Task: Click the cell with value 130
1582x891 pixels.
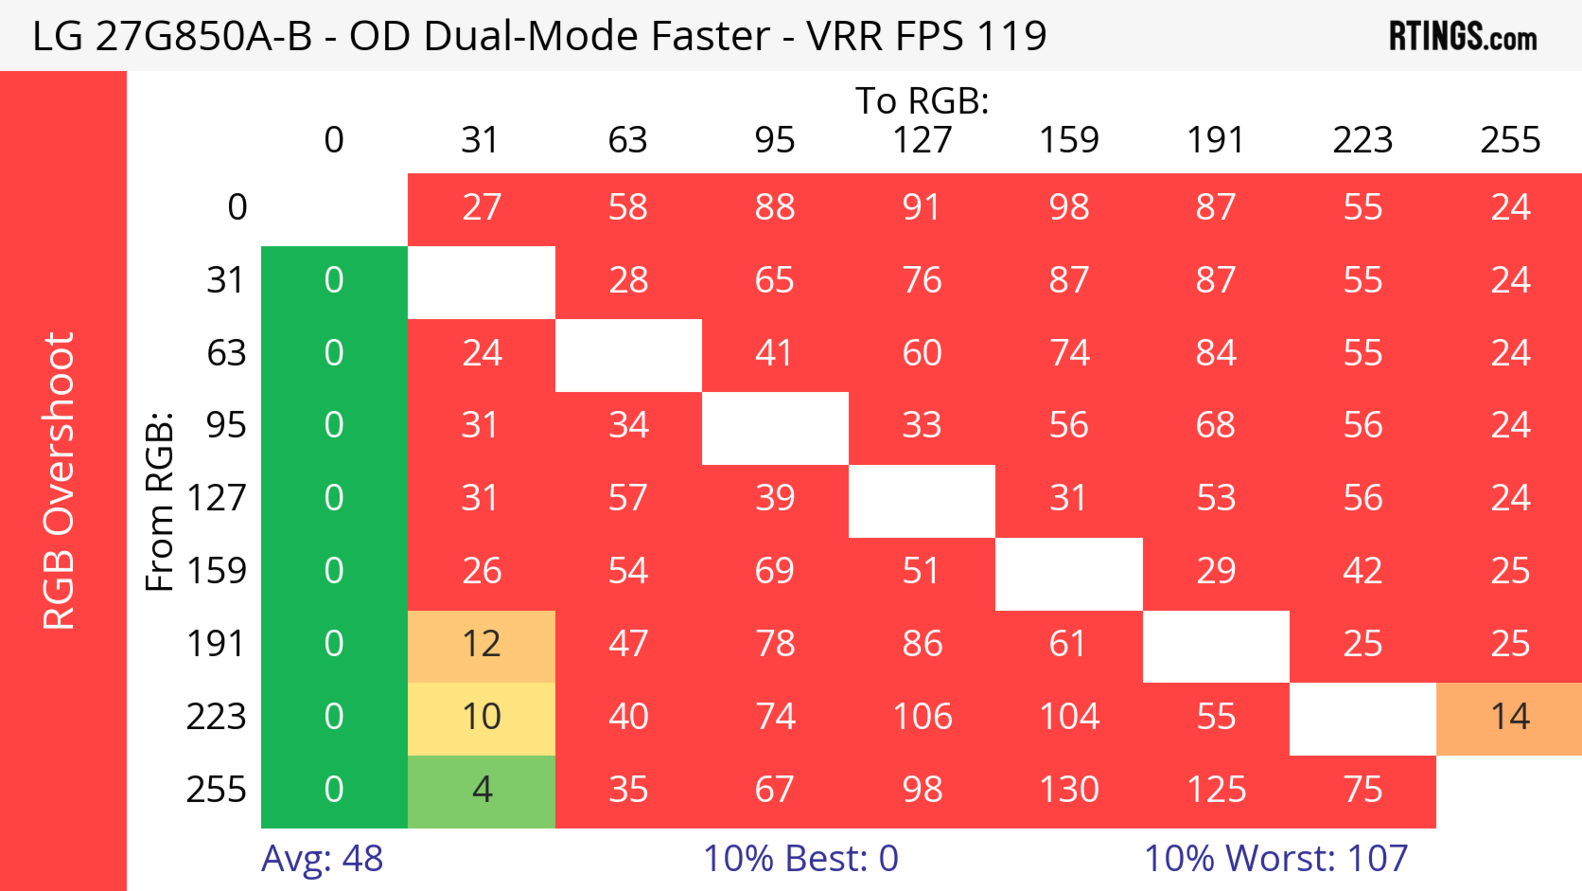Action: (x=1069, y=790)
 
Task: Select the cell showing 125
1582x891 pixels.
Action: (x=1216, y=790)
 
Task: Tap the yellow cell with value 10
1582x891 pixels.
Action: (x=482, y=717)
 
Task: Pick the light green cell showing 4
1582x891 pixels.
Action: (x=482, y=790)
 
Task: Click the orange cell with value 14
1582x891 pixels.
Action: (x=1509, y=717)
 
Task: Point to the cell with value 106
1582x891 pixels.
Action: (x=922, y=717)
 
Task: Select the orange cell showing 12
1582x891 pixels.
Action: (x=482, y=644)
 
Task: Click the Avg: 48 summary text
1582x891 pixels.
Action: (x=322, y=858)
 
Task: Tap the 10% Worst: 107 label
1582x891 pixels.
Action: (x=1275, y=858)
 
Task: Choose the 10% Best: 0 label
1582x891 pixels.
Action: (x=800, y=858)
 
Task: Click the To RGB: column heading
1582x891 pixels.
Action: (x=922, y=101)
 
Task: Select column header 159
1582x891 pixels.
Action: (x=1069, y=140)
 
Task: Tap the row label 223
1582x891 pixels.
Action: (x=216, y=717)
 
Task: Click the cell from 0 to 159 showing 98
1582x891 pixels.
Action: (x=1069, y=207)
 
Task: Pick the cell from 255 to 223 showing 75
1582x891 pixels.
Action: (x=1363, y=790)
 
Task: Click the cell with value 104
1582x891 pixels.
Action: (x=1069, y=717)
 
